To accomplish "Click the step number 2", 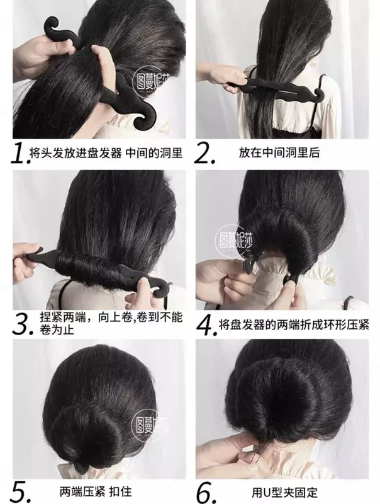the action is point(204,153).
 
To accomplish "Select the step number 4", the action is point(204,324).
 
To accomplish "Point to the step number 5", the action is point(21,492).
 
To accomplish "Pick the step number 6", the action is point(207,492).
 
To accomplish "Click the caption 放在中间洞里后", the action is point(279,152).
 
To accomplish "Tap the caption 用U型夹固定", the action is point(284,492).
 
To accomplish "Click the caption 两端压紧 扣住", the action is point(96,491).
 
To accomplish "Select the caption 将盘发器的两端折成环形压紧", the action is point(294,324).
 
